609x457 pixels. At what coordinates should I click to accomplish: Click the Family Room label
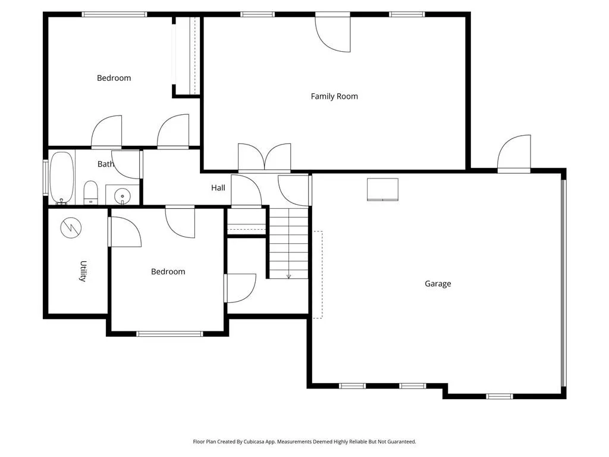[334, 96]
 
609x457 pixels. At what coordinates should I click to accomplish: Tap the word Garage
[438, 284]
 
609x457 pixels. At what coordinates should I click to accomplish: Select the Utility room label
[83, 271]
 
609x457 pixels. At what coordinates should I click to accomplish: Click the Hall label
[218, 187]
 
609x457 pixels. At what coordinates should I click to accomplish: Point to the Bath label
[105, 164]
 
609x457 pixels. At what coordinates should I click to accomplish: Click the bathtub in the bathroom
[62, 177]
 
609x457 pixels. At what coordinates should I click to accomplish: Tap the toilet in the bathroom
[90, 192]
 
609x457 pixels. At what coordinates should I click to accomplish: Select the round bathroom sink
[123, 195]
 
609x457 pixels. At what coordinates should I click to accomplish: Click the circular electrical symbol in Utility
[71, 227]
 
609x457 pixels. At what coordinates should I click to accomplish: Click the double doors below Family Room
[264, 158]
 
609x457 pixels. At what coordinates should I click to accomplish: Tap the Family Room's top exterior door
[333, 33]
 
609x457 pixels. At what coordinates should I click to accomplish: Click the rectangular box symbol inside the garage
[382, 189]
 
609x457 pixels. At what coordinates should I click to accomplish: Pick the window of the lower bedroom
[169, 333]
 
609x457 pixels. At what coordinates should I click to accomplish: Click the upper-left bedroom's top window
[114, 14]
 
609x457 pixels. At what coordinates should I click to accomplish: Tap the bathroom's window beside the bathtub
[45, 177]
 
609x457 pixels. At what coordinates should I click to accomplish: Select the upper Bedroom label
[114, 78]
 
